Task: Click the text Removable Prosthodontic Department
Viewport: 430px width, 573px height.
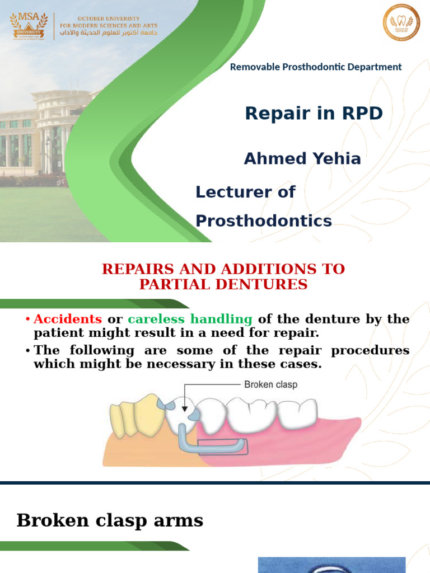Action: click(316, 67)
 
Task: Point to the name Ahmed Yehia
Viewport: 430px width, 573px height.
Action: click(302, 159)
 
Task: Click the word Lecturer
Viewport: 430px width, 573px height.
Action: click(233, 192)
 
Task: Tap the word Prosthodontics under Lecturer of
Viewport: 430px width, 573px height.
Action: click(263, 221)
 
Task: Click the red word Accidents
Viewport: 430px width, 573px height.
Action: click(68, 320)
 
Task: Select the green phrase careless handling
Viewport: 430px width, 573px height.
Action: click(190, 320)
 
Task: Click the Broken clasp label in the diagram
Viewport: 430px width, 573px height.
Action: click(270, 385)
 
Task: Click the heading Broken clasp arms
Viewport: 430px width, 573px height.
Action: click(110, 520)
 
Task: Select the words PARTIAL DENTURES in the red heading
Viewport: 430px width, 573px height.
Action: click(223, 285)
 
